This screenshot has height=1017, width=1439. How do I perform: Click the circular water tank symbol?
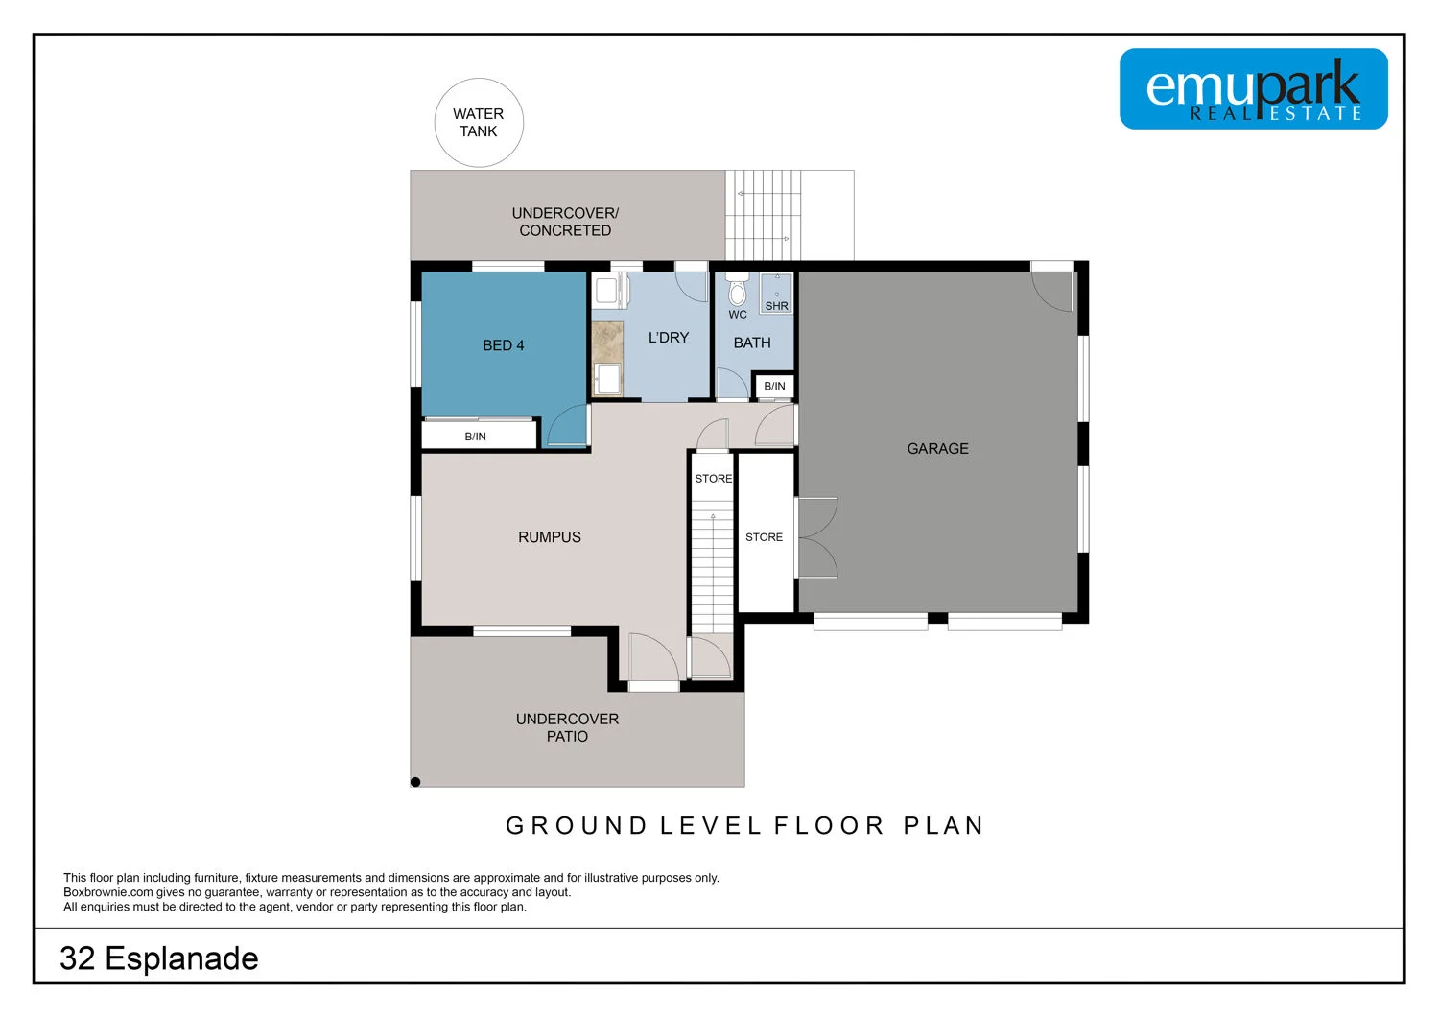(x=479, y=123)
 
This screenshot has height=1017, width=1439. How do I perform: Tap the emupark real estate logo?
(x=1253, y=89)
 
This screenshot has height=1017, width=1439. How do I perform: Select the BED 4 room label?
(x=503, y=345)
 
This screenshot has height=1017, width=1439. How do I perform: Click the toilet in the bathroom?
(x=737, y=290)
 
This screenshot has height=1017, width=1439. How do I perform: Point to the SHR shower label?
(x=776, y=306)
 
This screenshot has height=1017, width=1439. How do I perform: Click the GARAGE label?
(x=937, y=449)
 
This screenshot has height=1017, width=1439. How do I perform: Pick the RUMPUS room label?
(x=549, y=537)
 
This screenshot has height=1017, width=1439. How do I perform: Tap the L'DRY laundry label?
(x=669, y=338)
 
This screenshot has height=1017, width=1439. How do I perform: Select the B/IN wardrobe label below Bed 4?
(x=475, y=437)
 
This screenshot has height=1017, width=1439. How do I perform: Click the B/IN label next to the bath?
(x=774, y=387)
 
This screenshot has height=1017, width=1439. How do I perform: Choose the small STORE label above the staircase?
(x=713, y=479)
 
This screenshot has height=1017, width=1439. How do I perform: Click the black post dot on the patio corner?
(x=415, y=782)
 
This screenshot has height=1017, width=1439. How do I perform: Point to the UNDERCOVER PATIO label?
(x=567, y=727)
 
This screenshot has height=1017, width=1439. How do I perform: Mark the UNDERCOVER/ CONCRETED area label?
(x=565, y=222)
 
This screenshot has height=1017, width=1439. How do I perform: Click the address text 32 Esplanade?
(x=159, y=958)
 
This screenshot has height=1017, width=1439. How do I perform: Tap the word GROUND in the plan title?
(x=577, y=826)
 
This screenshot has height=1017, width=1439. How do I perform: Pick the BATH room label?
(x=752, y=343)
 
